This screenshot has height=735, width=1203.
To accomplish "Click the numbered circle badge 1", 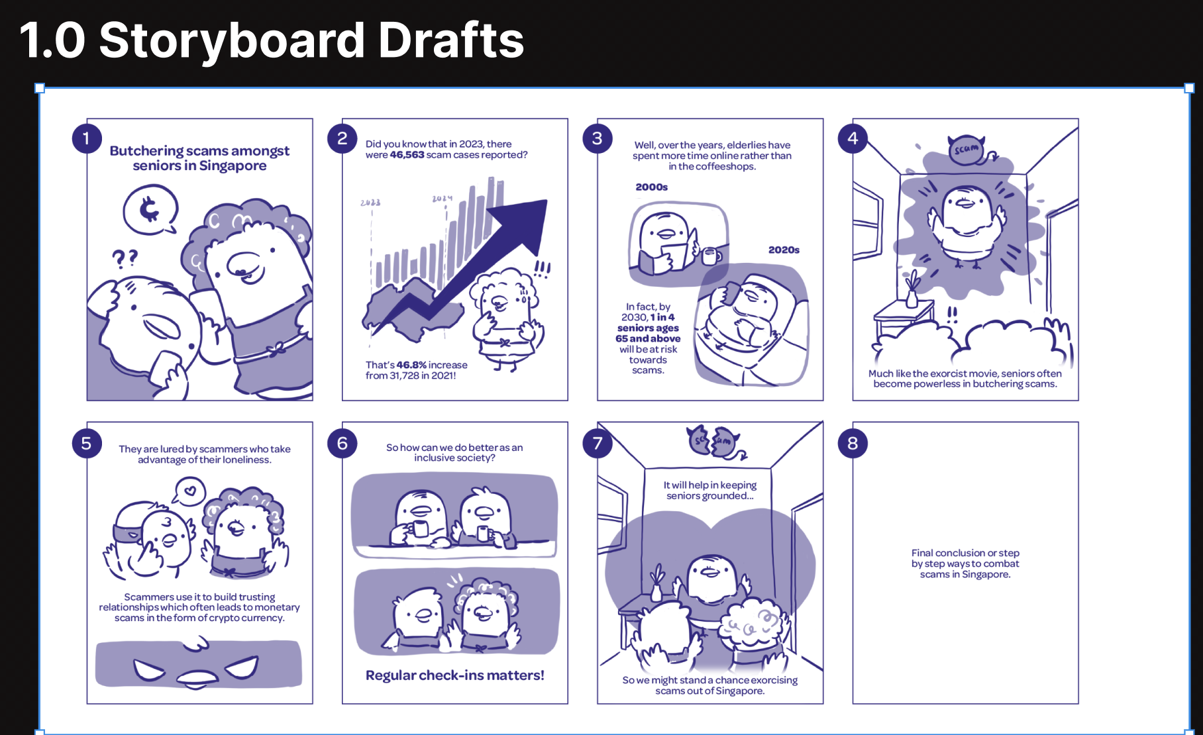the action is pyautogui.click(x=86, y=138).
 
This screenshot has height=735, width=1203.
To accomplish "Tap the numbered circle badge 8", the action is pyautogui.click(x=853, y=443).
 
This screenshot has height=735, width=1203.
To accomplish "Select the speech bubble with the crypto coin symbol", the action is pyautogui.click(x=151, y=210).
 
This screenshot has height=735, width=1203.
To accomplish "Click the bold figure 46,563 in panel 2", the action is pyautogui.click(x=407, y=155).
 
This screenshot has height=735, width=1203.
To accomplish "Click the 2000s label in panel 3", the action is pyautogui.click(x=652, y=187).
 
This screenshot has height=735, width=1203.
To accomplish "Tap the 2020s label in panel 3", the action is pyautogui.click(x=784, y=250).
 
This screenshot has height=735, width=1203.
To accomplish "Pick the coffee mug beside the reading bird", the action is pyautogui.click(x=711, y=256).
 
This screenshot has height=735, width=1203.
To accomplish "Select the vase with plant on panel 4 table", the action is pyautogui.click(x=912, y=290).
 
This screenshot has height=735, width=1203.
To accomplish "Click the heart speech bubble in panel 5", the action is pyautogui.click(x=189, y=492).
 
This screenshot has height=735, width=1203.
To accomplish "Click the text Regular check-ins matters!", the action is pyautogui.click(x=455, y=675).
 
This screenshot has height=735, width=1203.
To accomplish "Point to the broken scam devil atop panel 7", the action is pyautogui.click(x=715, y=441).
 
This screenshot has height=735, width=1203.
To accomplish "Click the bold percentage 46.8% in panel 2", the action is pyautogui.click(x=411, y=365).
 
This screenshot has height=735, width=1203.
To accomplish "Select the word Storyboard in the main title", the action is pyautogui.click(x=232, y=41).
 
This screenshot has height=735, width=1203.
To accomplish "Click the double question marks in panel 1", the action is pyautogui.click(x=125, y=258).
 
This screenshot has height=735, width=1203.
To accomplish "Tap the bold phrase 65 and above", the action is pyautogui.click(x=648, y=338).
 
